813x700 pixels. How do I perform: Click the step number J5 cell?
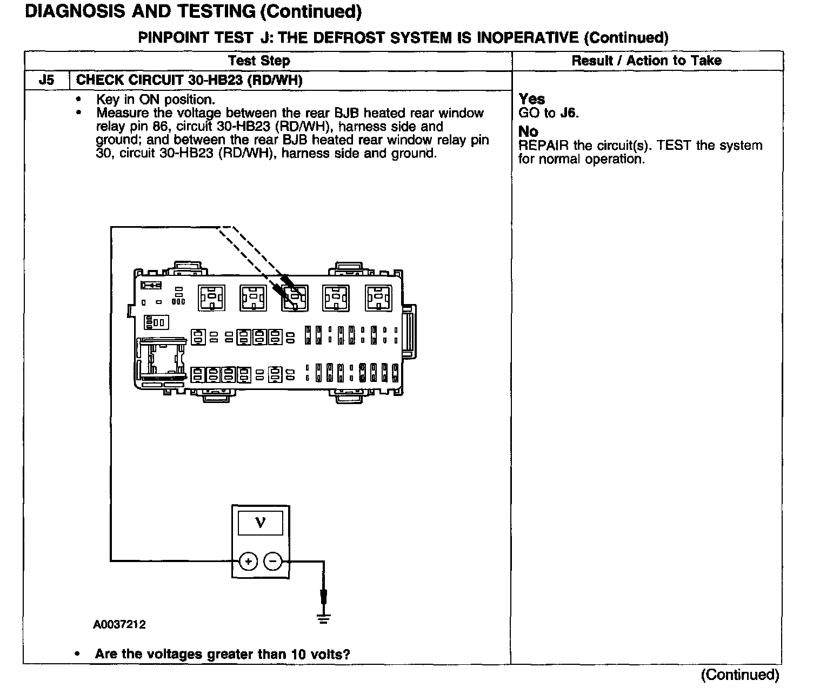point(46,81)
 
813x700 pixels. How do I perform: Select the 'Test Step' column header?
point(259,61)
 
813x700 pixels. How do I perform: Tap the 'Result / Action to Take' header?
point(647,61)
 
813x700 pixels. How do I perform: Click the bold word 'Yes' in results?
point(532,99)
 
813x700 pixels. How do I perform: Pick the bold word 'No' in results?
point(528,131)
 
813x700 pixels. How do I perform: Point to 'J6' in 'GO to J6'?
point(569,113)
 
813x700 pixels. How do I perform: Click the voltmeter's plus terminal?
point(248,562)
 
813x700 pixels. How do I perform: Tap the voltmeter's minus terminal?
point(272,562)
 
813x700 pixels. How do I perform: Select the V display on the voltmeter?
point(261,523)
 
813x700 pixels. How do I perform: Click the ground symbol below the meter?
point(323,617)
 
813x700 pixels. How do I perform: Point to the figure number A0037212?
point(119,625)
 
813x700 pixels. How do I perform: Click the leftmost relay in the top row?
point(211,298)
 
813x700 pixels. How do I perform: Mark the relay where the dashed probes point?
point(295,298)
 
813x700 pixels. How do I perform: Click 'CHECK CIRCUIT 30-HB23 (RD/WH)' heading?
point(189,81)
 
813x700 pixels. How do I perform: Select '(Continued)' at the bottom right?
point(740,675)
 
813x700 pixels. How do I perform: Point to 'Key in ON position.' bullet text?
point(156,100)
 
